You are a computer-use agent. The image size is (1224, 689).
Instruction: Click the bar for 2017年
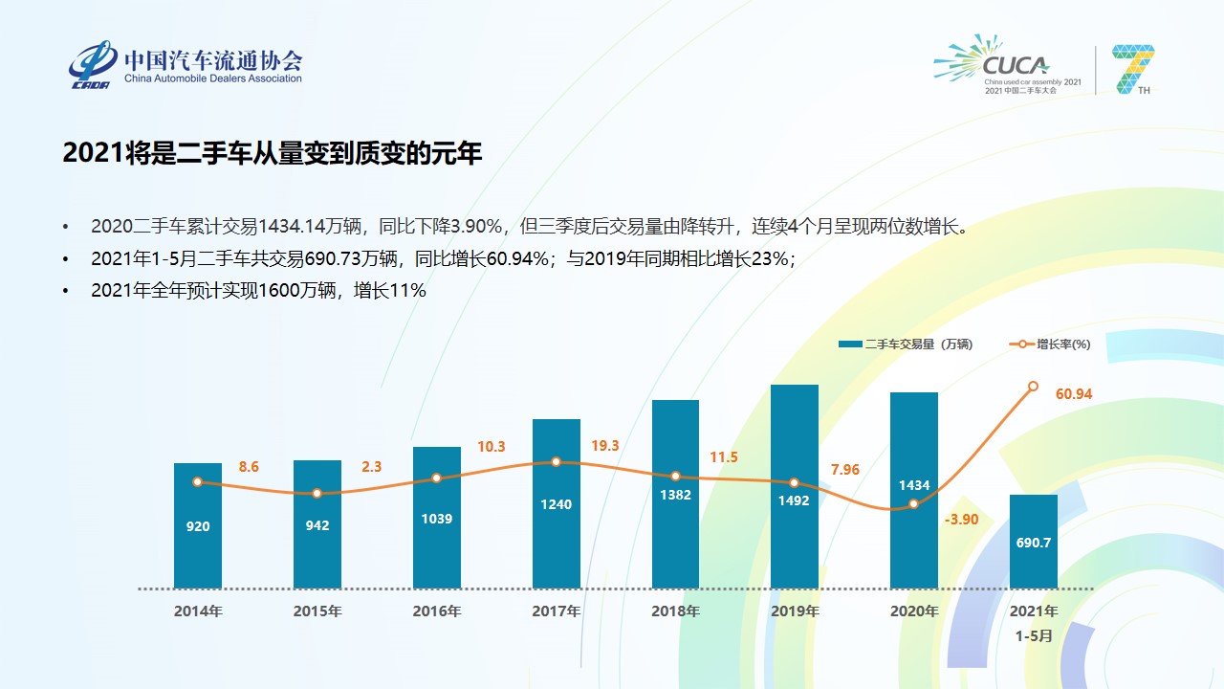(x=556, y=536)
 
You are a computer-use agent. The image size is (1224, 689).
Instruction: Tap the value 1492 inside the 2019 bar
(x=794, y=500)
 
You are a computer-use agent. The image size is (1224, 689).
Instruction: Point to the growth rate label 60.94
(x=1074, y=393)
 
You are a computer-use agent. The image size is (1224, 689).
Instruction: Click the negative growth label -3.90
(x=961, y=519)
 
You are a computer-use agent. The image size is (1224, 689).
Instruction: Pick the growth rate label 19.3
(x=604, y=446)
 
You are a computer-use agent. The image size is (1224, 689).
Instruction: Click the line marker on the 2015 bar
(x=317, y=494)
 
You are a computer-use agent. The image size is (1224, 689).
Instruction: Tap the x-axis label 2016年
(x=437, y=611)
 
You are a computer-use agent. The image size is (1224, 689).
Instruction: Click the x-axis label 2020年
(x=914, y=611)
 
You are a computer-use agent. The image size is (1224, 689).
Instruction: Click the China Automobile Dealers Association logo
(x=185, y=65)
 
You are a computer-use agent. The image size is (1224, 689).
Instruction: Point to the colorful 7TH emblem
(x=1133, y=69)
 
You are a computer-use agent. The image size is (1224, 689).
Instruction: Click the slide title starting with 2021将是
(x=273, y=153)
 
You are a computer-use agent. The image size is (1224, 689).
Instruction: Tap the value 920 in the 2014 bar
(x=198, y=526)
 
